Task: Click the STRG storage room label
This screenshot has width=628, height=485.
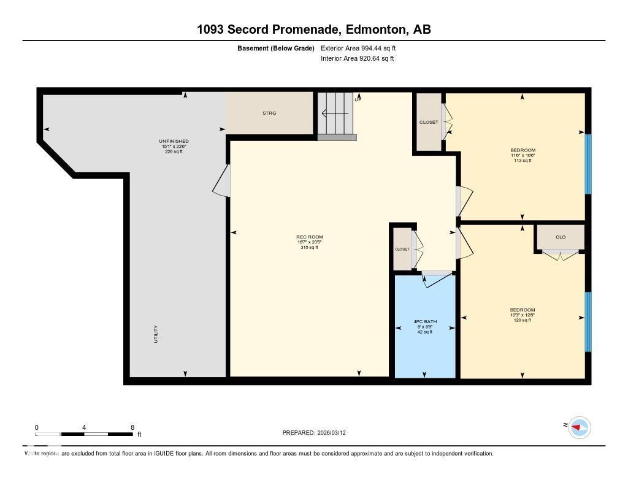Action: (x=269, y=113)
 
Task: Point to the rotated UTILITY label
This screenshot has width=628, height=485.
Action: (x=156, y=334)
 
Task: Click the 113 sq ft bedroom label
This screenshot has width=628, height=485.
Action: (x=523, y=155)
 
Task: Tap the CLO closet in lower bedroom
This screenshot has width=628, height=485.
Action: (x=560, y=237)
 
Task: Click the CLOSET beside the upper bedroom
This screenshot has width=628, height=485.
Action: (x=429, y=122)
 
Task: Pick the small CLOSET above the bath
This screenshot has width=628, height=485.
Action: (x=402, y=250)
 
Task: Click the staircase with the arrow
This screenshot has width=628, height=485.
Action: (x=336, y=114)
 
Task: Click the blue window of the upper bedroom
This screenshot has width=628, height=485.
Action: (x=588, y=164)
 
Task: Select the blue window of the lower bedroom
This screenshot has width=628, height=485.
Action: (x=588, y=321)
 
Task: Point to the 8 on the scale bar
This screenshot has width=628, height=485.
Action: (x=132, y=427)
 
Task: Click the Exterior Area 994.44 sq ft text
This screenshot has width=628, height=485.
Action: (x=362, y=48)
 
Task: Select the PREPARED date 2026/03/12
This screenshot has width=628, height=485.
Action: (x=318, y=433)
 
